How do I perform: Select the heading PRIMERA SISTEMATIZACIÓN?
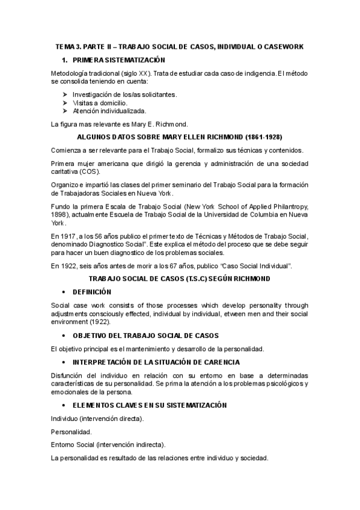(x=119, y=60)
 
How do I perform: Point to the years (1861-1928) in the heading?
(x=261, y=137)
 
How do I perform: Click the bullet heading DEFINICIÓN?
(x=92, y=291)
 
